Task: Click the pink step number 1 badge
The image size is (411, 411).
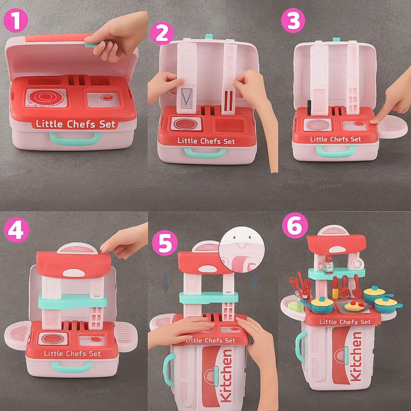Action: click(16, 20)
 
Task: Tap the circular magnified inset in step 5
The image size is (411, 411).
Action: click(242, 249)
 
